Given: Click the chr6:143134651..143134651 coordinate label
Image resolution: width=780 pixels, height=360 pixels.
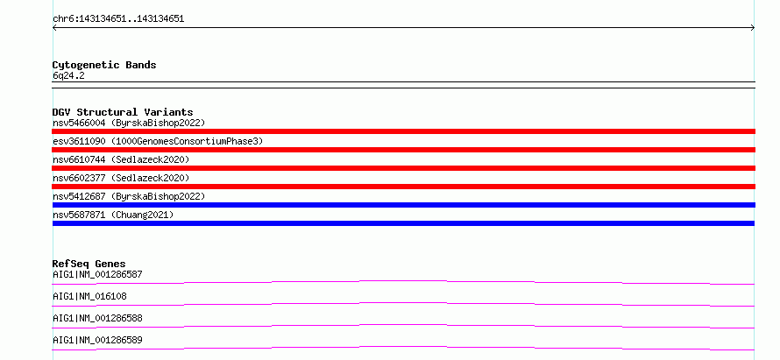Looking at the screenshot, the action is pos(118,19).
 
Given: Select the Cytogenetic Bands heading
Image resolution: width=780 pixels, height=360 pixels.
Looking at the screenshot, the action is pos(104,65).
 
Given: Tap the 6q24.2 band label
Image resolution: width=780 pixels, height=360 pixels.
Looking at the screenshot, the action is pos(68,75).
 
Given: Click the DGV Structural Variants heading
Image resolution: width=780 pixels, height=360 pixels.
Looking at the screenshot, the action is pos(123,112).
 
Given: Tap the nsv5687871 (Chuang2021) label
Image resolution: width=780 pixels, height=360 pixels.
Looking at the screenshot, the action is pos(113,215).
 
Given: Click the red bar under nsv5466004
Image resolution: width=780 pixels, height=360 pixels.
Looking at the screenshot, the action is pos(403,131).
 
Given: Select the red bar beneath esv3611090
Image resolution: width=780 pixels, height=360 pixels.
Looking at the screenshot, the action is pos(403,150).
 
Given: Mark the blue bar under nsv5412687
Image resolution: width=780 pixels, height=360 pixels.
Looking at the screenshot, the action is pos(403,205).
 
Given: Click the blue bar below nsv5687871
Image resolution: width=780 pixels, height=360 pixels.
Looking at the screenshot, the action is pos(403,223).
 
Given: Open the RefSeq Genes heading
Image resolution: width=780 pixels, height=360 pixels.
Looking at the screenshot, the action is pos(89,264).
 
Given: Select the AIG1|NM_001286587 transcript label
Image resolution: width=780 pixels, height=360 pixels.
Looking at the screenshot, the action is pos(98,274).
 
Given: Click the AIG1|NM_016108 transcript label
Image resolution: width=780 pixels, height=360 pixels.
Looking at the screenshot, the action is pos(89,296).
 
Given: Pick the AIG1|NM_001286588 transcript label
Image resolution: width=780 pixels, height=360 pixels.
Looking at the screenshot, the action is pos(97,318).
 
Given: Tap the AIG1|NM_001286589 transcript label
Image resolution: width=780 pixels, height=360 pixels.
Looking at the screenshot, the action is pos(97,340).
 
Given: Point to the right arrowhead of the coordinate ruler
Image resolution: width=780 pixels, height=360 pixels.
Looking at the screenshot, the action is pos(754,28).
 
